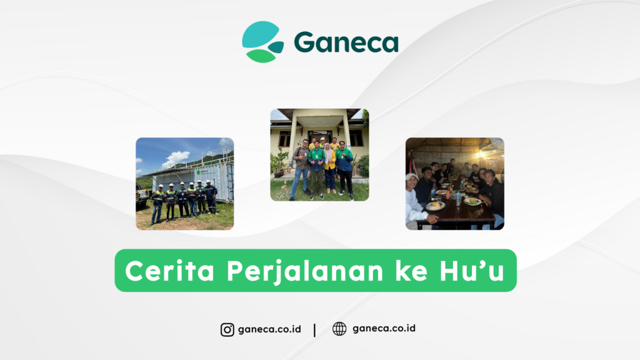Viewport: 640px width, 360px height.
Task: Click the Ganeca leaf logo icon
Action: point(262,42)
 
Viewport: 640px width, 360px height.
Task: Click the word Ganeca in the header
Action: point(346,42)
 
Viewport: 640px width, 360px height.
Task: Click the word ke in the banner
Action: point(417,271)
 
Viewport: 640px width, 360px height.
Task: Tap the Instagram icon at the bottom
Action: point(227,329)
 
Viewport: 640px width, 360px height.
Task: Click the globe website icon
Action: point(339,329)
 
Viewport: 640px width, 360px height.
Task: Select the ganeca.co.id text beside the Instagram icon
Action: point(269,329)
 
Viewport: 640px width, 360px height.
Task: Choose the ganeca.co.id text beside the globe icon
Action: point(384,329)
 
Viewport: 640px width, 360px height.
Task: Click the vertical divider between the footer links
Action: point(314,329)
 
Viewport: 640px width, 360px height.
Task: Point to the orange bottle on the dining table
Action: point(448,194)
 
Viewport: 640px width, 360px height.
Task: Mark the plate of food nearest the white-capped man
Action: point(436,205)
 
